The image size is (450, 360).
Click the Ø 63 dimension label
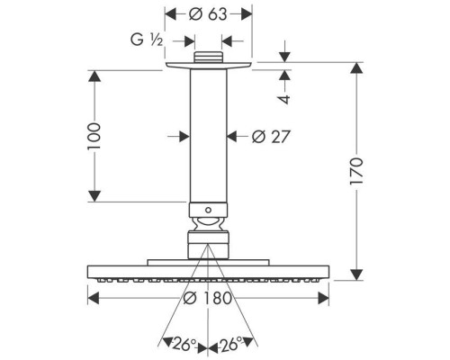(x=208, y=14)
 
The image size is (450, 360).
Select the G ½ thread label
(x=147, y=40)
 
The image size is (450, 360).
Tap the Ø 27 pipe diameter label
(x=271, y=137)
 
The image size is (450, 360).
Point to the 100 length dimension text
(x=94, y=136)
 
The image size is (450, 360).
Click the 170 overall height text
(x=356, y=171)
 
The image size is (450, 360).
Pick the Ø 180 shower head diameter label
(x=208, y=298)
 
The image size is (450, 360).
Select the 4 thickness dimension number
(x=284, y=99)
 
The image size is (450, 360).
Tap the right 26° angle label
(x=230, y=344)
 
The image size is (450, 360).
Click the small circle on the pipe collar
(x=208, y=210)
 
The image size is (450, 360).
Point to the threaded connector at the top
(x=208, y=58)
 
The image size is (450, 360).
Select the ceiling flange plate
(x=208, y=66)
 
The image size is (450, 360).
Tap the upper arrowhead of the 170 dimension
(x=356, y=67)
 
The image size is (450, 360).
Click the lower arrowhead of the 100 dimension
(x=94, y=196)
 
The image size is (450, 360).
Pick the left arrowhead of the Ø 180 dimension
(x=93, y=299)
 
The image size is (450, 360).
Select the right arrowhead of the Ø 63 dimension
(x=247, y=14)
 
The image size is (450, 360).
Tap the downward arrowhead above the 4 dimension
(x=284, y=57)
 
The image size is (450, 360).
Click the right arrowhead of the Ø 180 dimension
(x=323, y=299)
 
